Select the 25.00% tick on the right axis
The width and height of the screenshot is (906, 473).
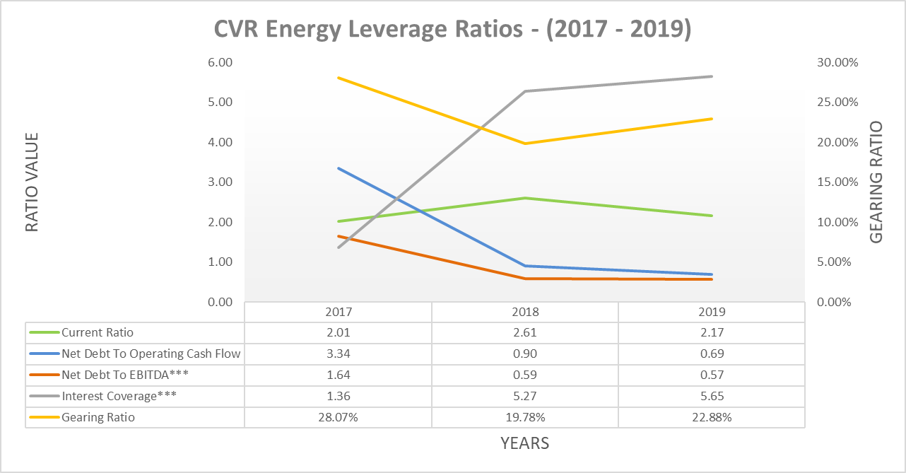pos(837,102)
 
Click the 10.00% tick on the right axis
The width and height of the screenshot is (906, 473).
pos(837,222)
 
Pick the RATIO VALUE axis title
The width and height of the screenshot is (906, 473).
pos(32,182)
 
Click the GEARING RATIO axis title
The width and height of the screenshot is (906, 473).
pos(876,182)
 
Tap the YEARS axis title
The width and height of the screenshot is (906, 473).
pos(524,443)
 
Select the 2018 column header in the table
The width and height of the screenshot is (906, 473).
pos(525,312)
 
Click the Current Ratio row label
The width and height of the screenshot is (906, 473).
pos(98,332)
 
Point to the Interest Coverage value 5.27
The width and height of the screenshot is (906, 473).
pos(525,396)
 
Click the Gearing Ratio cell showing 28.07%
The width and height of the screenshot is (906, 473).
pos(339,417)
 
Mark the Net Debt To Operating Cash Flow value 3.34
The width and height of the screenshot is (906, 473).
pos(339,354)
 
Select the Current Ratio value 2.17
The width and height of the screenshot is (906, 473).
pos(712,332)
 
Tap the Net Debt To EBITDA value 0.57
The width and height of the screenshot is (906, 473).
pos(712,375)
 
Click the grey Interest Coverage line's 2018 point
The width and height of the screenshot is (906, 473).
pos(525,91)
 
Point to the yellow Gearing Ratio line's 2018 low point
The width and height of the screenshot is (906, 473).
pos(525,144)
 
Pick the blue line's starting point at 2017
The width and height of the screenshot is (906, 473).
pos(339,168)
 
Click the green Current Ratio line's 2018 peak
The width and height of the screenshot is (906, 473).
pos(525,198)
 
